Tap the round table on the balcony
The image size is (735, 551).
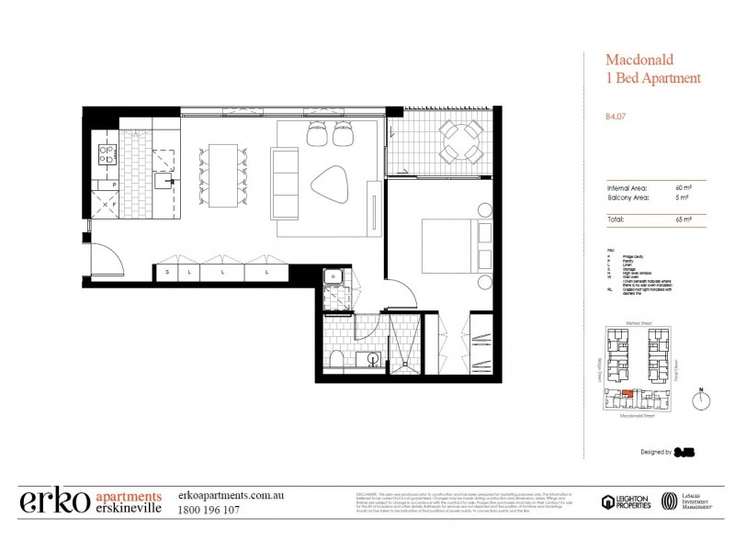pos(453,141)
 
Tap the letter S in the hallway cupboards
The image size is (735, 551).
pos(167,273)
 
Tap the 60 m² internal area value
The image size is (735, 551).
pos(684,187)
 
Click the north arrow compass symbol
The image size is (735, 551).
pos(701,400)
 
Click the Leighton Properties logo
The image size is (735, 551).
pos(627,501)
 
